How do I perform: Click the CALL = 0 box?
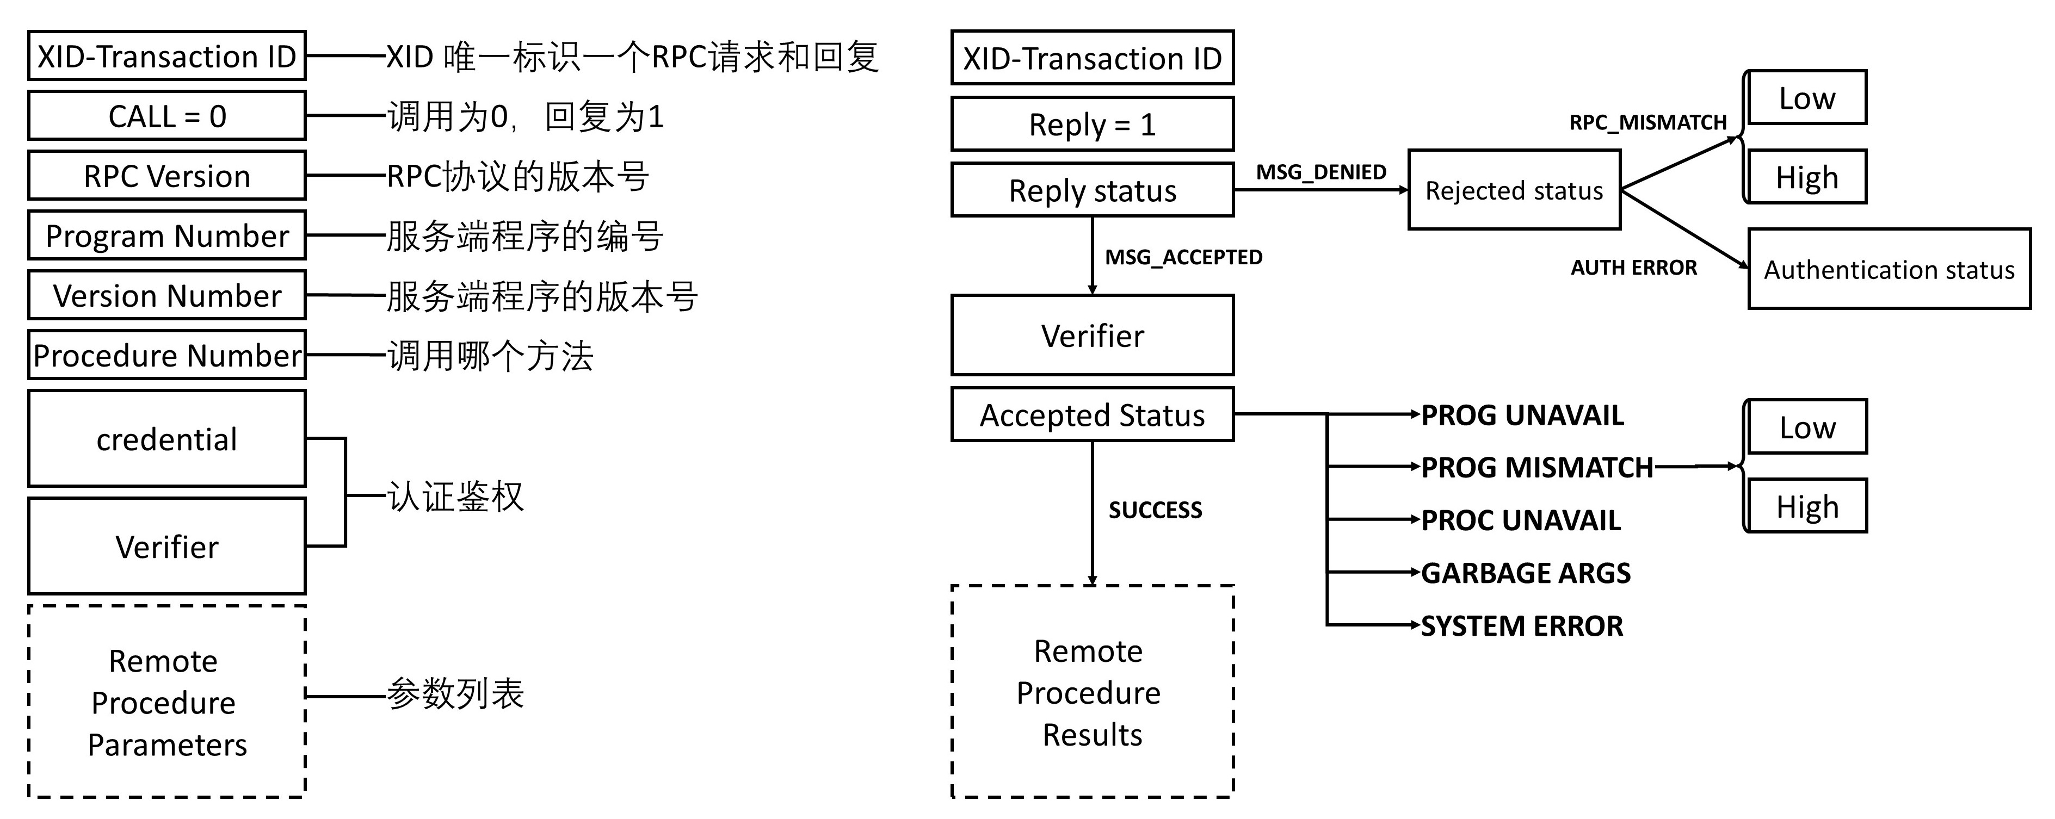[166, 116]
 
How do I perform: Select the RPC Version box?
[166, 176]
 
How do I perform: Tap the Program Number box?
[166, 236]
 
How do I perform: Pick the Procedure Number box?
[166, 356]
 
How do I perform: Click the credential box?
[166, 439]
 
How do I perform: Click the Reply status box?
[1092, 190]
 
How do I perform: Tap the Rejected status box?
[1513, 190]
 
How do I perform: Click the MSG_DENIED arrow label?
[1321, 171]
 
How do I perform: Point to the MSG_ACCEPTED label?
[1183, 257]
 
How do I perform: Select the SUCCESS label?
[1155, 510]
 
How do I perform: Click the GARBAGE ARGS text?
[1525, 573]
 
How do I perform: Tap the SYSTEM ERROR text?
[1521, 626]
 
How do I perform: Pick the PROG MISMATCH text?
[1536, 467]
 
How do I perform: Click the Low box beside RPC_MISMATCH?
[1807, 98]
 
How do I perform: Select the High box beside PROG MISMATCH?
[1807, 506]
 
